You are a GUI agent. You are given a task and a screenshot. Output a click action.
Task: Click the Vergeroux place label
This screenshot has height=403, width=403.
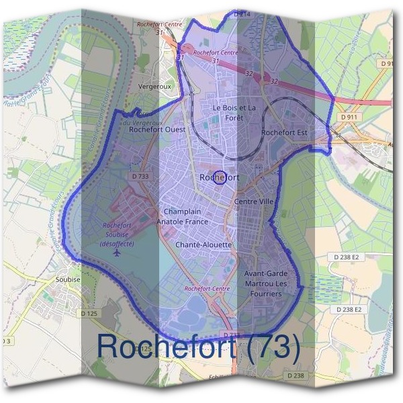(x=151, y=87)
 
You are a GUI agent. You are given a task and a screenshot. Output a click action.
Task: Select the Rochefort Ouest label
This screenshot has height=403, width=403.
(x=157, y=130)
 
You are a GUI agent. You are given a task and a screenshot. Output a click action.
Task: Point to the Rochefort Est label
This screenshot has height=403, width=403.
(x=284, y=133)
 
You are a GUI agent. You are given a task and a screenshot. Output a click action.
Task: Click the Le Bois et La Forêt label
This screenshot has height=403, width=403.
(x=234, y=112)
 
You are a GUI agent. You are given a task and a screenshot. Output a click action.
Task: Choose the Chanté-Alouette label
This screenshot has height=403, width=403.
(x=204, y=245)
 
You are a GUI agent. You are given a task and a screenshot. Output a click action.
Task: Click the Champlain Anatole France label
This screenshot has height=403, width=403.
(x=182, y=216)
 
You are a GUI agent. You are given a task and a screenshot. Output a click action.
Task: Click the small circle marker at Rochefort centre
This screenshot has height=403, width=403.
(x=218, y=178)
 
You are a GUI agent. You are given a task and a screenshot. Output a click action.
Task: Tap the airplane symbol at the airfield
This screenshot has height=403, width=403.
(x=119, y=253)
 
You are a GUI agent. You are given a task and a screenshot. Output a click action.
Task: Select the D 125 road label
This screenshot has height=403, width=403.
(x=89, y=313)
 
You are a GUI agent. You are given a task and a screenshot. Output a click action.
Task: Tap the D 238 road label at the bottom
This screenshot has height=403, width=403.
(x=294, y=375)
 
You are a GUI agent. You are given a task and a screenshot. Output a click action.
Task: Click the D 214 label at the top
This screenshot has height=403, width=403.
(x=242, y=13)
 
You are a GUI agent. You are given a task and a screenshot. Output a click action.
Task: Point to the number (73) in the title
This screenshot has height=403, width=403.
(x=267, y=347)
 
